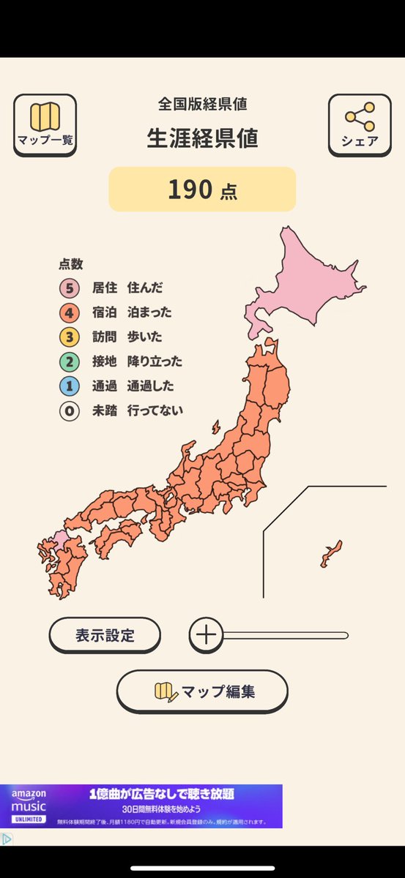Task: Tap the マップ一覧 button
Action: click(45, 124)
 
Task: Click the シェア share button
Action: click(360, 124)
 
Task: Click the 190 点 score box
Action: click(202, 190)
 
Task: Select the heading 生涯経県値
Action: click(202, 138)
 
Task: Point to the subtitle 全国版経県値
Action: click(202, 104)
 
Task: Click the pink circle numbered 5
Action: click(70, 288)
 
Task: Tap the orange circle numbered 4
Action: click(70, 312)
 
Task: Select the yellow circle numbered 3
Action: click(70, 337)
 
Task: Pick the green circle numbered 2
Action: click(70, 361)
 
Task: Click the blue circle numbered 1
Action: click(70, 386)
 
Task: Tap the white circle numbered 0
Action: click(70, 411)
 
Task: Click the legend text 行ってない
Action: click(155, 411)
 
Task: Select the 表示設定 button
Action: click(105, 635)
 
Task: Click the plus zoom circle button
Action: click(207, 635)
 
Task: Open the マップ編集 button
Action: click(202, 691)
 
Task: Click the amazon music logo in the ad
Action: click(29, 806)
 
